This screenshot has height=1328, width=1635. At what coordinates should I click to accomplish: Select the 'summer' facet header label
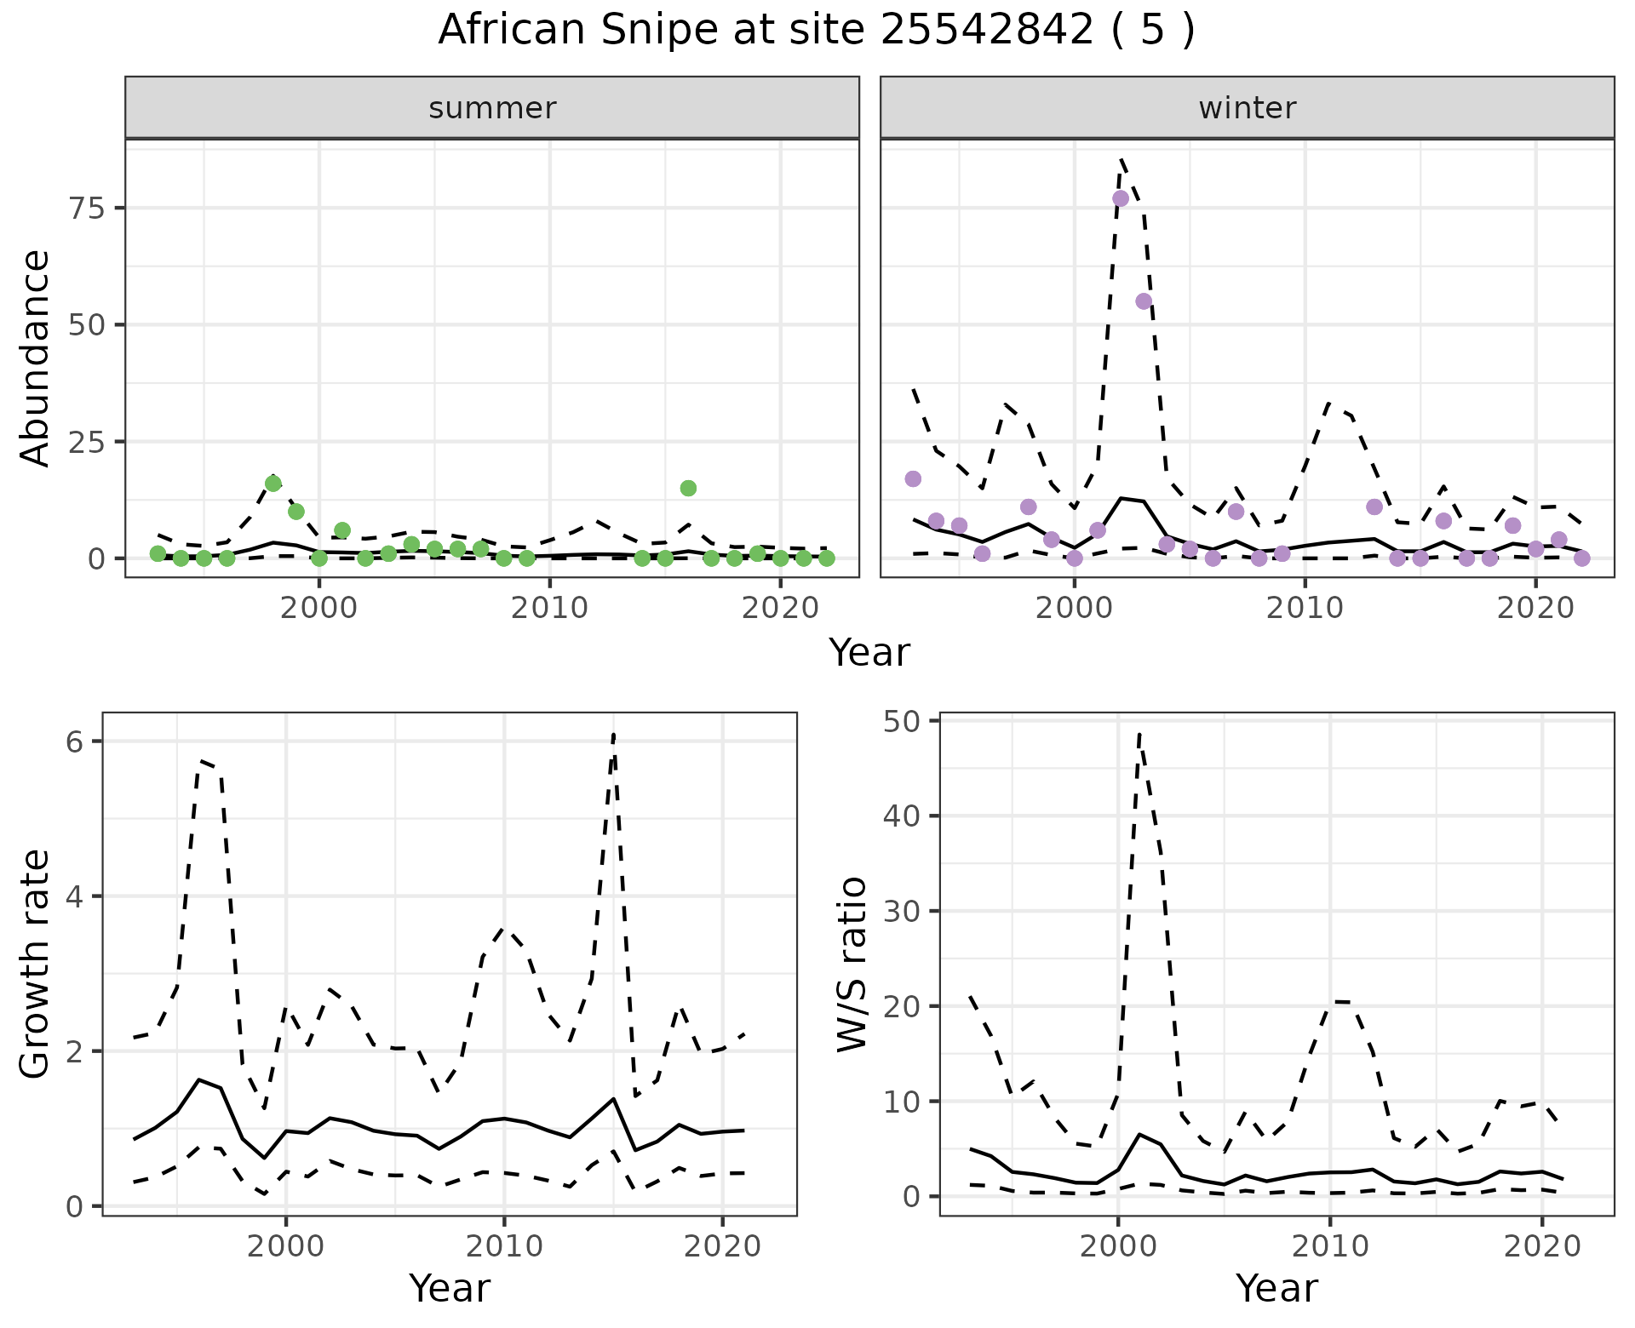point(492,108)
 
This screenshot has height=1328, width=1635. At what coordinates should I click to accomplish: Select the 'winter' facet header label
point(1247,108)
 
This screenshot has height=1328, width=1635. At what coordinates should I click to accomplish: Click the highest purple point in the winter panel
point(1121,198)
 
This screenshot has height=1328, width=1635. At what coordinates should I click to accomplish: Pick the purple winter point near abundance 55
point(1144,301)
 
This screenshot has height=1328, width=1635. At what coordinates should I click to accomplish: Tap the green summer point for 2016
point(688,488)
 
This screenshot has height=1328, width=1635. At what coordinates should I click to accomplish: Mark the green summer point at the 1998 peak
point(273,484)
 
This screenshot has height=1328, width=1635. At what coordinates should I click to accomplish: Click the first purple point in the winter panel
point(913,478)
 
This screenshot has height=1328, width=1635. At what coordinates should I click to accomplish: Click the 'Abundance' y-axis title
point(36,358)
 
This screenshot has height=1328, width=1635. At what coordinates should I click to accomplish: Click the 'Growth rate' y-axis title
point(36,965)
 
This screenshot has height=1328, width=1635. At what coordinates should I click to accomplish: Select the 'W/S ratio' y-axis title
point(852,965)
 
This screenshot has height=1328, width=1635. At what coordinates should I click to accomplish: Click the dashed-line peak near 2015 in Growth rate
point(613,734)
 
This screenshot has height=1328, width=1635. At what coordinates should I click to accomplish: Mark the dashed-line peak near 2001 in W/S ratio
point(1139,734)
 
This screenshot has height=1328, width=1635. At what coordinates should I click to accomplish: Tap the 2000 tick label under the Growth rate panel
point(286,1246)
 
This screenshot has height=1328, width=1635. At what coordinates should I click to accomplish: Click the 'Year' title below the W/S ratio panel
point(1276,1288)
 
